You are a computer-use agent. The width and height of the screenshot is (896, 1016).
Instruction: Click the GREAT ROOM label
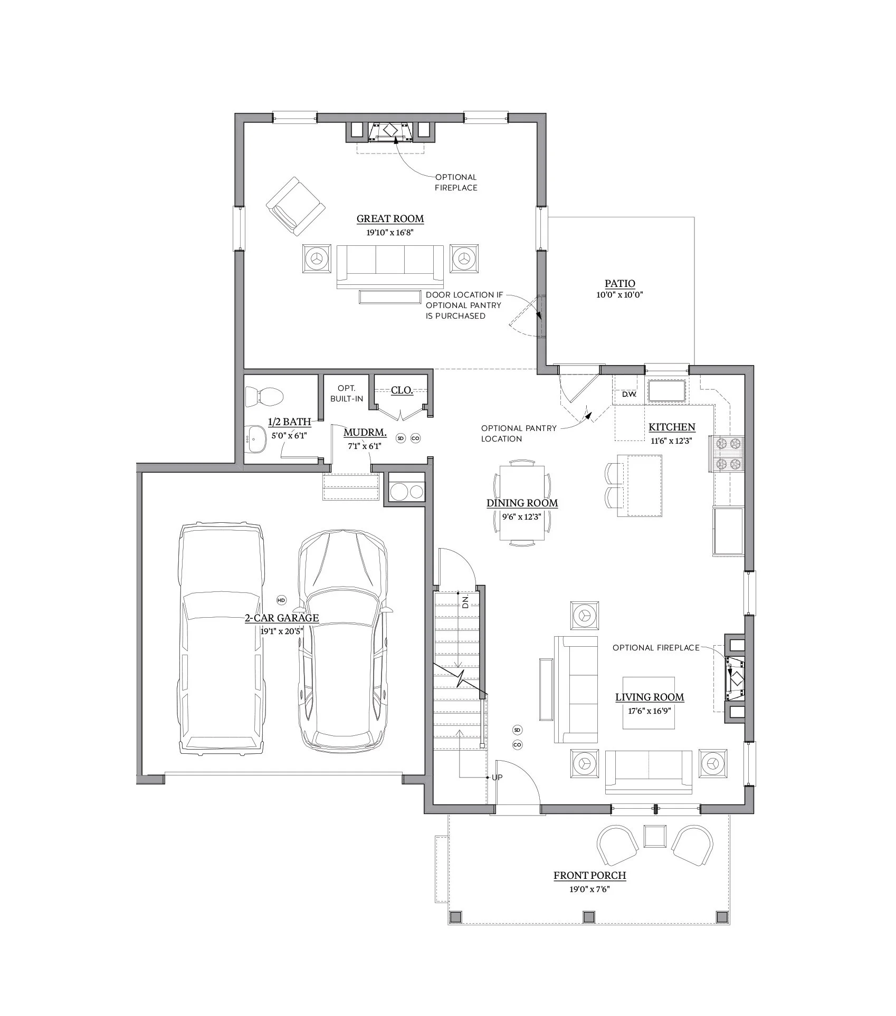[x=390, y=219]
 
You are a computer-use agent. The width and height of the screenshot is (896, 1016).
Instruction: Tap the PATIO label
[x=619, y=284]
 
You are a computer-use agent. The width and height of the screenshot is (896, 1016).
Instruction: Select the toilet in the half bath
[x=264, y=396]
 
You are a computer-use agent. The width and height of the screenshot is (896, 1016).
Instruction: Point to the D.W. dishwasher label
[x=629, y=394]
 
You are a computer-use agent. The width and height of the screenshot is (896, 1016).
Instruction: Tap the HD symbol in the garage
[x=281, y=600]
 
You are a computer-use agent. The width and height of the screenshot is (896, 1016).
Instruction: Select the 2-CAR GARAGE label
[x=282, y=618]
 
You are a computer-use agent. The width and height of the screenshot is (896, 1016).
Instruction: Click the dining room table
[x=522, y=503]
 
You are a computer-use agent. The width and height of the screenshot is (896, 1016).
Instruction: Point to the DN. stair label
[x=465, y=602]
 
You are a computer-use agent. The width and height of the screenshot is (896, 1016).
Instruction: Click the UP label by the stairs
[x=497, y=778]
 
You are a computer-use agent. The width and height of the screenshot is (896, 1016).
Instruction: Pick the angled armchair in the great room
[x=295, y=206]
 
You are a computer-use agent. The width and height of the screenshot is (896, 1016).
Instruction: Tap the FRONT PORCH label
[x=589, y=876]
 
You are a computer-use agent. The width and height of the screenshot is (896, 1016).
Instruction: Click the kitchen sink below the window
[x=667, y=391]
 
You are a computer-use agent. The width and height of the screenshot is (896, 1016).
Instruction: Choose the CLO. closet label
[x=402, y=390]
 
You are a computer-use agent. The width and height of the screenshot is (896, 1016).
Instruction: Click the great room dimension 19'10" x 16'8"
[x=390, y=232]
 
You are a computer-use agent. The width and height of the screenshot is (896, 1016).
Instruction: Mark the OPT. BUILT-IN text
[x=347, y=394]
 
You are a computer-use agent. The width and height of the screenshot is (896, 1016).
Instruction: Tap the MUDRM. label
[x=365, y=433]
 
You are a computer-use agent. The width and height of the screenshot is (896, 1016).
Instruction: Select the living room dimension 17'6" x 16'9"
[x=649, y=711]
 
